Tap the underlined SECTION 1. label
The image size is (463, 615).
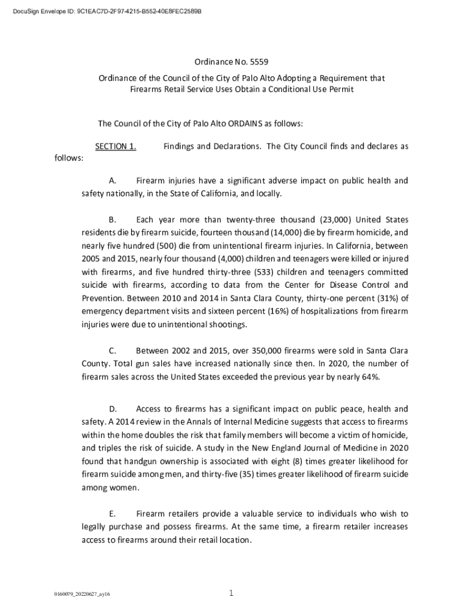[115, 147]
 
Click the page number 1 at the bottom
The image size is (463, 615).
[231, 594]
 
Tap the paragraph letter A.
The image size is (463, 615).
[112, 181]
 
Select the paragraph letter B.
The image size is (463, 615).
[112, 220]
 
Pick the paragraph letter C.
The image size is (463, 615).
[112, 350]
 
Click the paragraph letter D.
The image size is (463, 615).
[112, 409]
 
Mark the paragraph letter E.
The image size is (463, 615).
[112, 514]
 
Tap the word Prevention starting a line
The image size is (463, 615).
[103, 298]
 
